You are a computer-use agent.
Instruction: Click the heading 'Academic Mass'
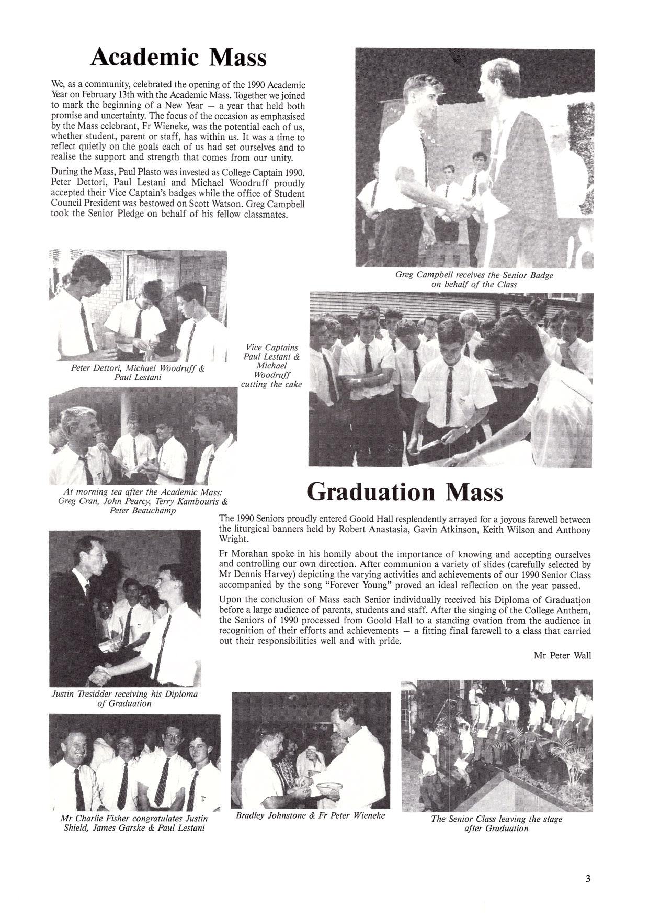coord(178,57)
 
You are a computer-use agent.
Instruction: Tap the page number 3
coord(588,879)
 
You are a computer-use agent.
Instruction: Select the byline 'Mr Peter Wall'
coord(563,655)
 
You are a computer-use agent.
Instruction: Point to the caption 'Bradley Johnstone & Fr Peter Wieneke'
coord(310,815)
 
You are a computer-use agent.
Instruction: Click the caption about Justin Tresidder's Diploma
coord(124,699)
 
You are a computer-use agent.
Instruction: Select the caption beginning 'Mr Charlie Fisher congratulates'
coord(134,823)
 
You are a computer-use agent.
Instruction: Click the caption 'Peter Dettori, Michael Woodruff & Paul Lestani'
coord(138,373)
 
